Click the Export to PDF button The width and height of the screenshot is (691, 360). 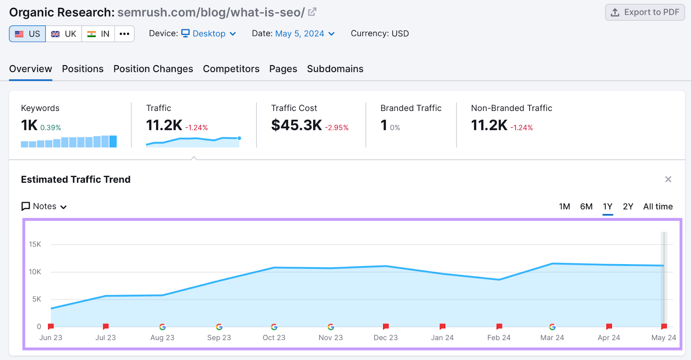(x=645, y=12)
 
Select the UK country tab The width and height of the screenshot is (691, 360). (x=63, y=34)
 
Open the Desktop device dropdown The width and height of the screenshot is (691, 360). (x=209, y=34)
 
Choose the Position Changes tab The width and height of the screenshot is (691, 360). (x=153, y=69)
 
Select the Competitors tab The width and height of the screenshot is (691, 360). (x=231, y=69)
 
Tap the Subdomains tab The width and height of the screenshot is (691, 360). (x=335, y=69)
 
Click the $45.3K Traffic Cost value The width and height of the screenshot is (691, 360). (x=296, y=125)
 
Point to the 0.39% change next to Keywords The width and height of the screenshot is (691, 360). (x=51, y=128)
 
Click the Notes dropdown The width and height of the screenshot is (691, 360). (x=44, y=206)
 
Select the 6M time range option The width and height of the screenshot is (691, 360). (x=586, y=207)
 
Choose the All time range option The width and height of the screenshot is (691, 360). (x=658, y=207)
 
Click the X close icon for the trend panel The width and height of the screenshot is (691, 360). (x=668, y=179)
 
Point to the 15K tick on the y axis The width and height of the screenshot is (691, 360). (x=35, y=244)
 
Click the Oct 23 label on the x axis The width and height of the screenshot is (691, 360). (x=274, y=338)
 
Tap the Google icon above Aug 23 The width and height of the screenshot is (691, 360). (x=162, y=327)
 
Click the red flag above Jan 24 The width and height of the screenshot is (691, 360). (x=442, y=326)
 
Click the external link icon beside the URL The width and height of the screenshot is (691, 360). (x=312, y=12)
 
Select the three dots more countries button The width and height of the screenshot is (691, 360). (x=124, y=34)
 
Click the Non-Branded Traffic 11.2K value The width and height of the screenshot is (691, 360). (x=489, y=125)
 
